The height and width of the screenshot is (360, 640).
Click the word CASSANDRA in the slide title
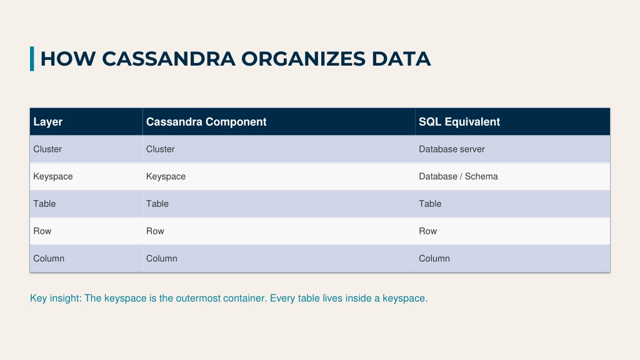(169, 59)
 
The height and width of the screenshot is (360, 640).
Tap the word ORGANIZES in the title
(303, 59)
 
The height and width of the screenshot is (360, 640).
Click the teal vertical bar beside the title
(32, 59)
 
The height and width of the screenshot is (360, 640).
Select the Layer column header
(47, 122)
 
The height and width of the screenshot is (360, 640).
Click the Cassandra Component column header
(206, 122)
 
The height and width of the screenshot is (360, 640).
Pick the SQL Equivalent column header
(459, 122)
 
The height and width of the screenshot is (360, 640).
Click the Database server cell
(452, 149)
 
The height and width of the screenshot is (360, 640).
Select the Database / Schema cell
(458, 176)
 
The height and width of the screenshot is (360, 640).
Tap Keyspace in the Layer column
(53, 176)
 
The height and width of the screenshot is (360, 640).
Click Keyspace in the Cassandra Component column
(166, 176)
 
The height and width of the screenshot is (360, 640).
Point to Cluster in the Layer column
(47, 149)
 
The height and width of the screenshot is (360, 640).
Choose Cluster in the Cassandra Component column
(161, 149)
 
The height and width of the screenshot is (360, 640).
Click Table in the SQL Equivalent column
(430, 204)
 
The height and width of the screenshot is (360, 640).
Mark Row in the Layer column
(42, 231)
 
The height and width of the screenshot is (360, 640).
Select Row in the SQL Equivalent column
(427, 231)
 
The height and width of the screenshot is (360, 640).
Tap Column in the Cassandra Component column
(162, 258)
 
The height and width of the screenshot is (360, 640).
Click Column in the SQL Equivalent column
(434, 258)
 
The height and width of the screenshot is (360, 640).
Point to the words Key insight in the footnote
(56, 298)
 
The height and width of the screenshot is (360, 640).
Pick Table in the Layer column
(44, 204)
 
